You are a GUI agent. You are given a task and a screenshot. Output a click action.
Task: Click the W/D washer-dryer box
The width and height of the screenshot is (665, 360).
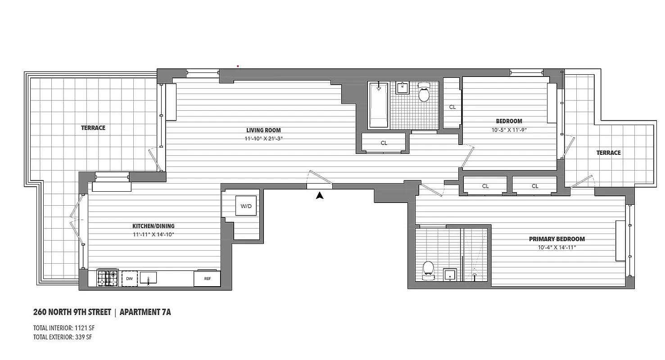point(246,206)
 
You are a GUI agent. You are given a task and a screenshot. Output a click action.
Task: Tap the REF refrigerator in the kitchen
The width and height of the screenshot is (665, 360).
point(207,279)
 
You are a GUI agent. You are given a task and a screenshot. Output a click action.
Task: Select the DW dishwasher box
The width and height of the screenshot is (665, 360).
point(129,279)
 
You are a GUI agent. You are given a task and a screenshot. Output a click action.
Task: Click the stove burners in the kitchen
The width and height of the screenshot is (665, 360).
point(108,278)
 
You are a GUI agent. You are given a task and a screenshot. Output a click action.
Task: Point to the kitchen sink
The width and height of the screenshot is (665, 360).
point(148,278)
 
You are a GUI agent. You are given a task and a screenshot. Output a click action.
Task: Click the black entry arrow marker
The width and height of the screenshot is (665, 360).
point(320,195)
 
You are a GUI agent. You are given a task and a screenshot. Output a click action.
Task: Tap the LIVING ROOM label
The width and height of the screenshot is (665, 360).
point(263,130)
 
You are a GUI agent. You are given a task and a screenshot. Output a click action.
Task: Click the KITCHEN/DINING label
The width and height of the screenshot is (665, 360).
point(153,226)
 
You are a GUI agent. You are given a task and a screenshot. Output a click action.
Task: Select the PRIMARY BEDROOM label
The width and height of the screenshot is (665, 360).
point(556,239)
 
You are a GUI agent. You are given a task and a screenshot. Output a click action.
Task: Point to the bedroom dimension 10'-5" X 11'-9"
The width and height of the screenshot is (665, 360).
point(509,130)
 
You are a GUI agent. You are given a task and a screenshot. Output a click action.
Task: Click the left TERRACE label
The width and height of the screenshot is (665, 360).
point(93,128)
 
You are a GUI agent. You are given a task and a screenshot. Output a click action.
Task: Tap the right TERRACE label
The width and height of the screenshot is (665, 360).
point(608,153)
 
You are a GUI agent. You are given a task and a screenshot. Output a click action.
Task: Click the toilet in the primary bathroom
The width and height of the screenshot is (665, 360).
point(428,269)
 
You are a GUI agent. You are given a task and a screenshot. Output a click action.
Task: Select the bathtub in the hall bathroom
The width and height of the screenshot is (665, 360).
point(378,104)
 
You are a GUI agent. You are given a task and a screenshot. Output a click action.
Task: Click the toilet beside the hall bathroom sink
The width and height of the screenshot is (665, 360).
point(424,93)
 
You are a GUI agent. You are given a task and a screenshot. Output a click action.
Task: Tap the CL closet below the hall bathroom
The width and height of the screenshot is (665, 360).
point(384,143)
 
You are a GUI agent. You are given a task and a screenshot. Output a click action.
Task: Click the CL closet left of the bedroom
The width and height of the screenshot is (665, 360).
point(452,107)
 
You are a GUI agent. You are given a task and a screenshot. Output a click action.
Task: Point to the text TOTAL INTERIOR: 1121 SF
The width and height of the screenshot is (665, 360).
point(63,328)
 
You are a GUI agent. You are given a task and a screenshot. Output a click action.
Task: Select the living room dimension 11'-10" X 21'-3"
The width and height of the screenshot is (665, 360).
point(263,139)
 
